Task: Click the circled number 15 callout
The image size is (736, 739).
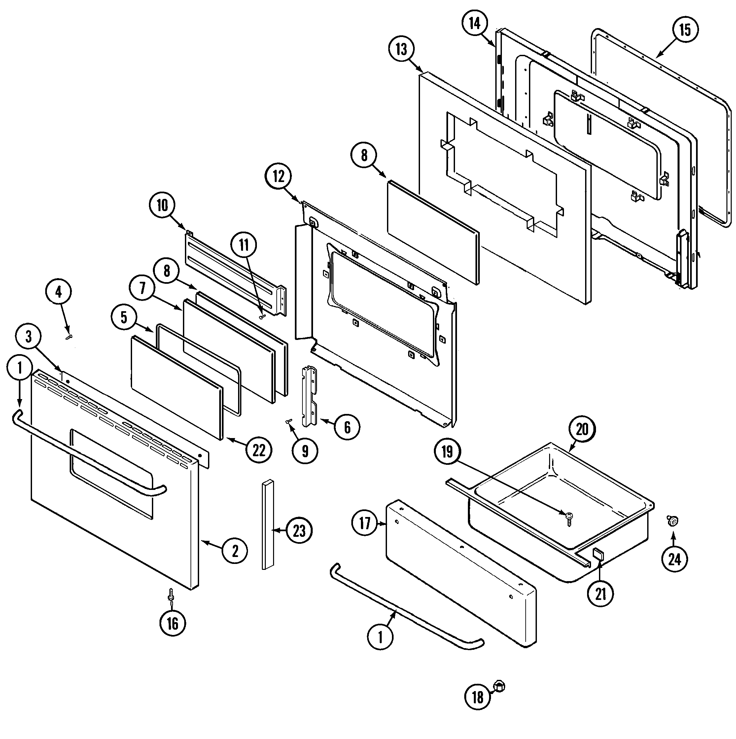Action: [x=684, y=30]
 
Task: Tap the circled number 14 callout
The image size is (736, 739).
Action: [x=474, y=23]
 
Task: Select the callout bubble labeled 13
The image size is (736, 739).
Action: [x=401, y=49]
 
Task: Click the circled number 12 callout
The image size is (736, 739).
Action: [x=278, y=177]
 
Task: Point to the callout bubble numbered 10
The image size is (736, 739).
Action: [x=162, y=205]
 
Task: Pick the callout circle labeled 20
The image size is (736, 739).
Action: [x=582, y=429]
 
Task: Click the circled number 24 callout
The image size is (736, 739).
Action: [x=675, y=559]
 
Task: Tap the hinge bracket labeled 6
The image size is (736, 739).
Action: [x=310, y=396]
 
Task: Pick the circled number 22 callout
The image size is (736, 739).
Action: [x=259, y=450]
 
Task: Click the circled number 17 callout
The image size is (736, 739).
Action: [x=365, y=523]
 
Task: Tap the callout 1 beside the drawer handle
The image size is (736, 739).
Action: [x=380, y=637]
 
